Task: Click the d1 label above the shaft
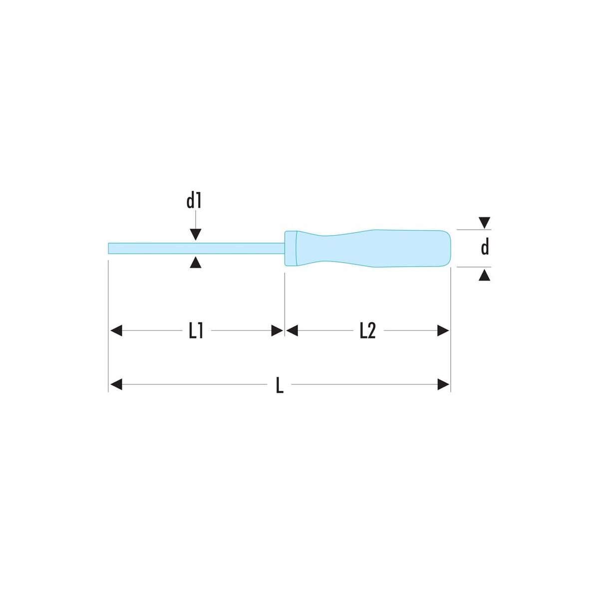click(x=194, y=201)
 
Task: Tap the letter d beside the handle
click(x=485, y=248)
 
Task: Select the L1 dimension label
click(x=197, y=331)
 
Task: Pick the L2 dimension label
click(x=368, y=331)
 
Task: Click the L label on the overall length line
click(x=280, y=385)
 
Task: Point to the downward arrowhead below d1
click(x=195, y=235)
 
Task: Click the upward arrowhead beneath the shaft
click(x=195, y=262)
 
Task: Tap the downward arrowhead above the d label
click(x=484, y=223)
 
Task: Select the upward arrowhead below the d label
click(x=484, y=275)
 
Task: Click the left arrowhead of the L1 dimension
click(x=116, y=331)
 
